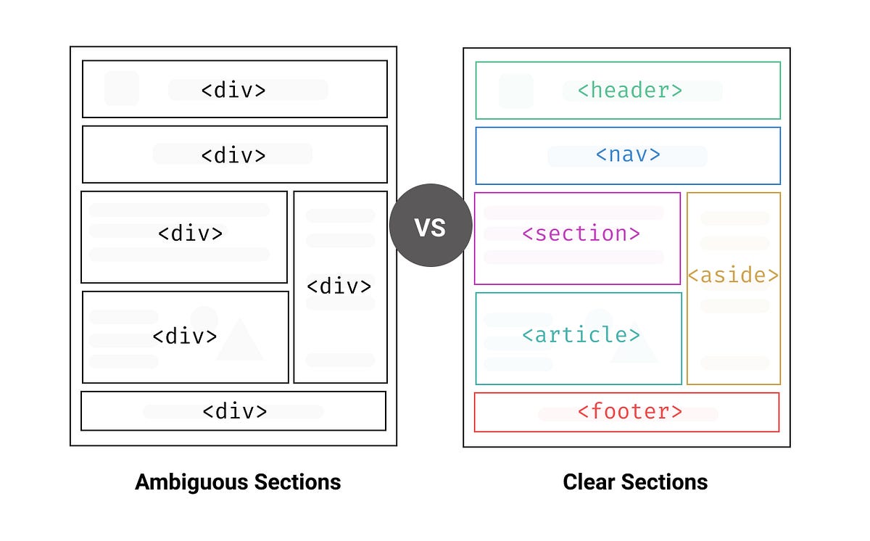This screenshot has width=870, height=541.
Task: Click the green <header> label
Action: (629, 90)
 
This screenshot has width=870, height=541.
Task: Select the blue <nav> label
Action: (628, 155)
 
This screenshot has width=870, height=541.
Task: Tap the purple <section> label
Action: (581, 234)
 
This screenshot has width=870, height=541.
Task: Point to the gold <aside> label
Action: (733, 276)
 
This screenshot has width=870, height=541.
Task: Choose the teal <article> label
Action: (581, 334)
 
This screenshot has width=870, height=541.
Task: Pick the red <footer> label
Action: (629, 411)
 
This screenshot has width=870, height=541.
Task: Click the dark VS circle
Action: (431, 226)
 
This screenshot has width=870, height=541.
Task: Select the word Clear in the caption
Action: (589, 482)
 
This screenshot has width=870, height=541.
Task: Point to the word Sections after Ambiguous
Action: (297, 482)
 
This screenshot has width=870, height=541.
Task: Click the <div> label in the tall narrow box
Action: (339, 286)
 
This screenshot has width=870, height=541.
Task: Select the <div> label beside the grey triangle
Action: (185, 336)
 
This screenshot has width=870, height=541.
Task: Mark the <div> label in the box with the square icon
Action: (233, 90)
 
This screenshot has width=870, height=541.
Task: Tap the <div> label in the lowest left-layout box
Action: (234, 411)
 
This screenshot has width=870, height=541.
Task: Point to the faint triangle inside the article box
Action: (634, 347)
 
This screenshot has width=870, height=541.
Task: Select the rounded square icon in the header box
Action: (515, 91)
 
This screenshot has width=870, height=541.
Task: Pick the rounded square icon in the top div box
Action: (122, 88)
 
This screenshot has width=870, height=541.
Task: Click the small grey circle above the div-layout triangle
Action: (204, 317)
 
